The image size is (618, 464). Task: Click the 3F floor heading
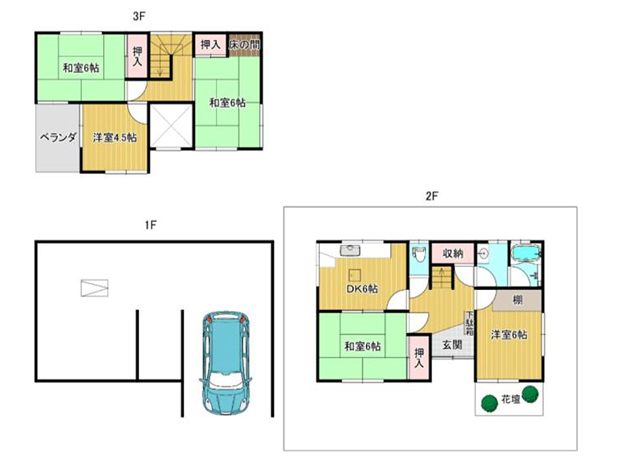[139, 16]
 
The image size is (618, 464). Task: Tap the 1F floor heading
[151, 225]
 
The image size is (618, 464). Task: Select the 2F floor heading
[432, 196]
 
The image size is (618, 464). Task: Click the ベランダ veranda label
[58, 138]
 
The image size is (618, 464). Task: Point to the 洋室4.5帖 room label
[114, 138]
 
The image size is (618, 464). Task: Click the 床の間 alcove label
[244, 45]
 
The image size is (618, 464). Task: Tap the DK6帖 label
[362, 288]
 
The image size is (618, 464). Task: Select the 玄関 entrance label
[452, 345]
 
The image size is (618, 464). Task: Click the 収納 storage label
[453, 254]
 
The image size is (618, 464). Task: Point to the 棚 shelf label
[518, 300]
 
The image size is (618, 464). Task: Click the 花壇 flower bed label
[511, 400]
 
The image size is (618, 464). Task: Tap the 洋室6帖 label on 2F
[509, 335]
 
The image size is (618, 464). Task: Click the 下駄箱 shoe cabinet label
[470, 323]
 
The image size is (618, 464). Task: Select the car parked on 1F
[226, 363]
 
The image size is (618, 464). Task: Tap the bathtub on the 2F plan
[526, 254]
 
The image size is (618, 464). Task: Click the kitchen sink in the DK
[349, 250]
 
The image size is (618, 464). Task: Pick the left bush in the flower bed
[490, 404]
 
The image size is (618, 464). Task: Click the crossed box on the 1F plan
[94, 288]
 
